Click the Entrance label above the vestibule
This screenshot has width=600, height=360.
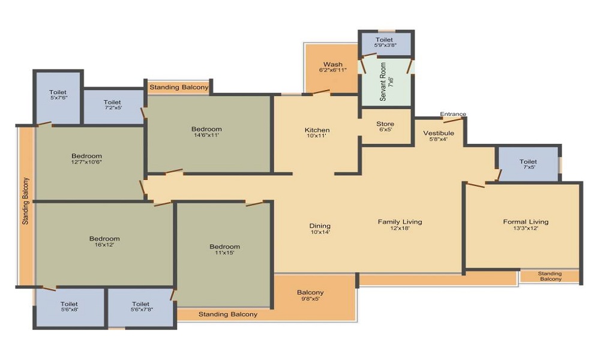tap(453, 114)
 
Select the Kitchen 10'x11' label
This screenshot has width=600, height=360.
tap(317, 133)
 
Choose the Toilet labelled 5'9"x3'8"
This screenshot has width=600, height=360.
tap(385, 42)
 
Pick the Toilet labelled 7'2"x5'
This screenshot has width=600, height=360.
tap(112, 104)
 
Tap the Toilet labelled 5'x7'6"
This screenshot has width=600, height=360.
tap(58, 94)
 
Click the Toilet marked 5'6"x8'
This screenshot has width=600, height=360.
tap(69, 307)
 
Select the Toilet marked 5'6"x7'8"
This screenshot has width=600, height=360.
tap(141, 307)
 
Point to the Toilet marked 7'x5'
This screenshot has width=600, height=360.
tap(529, 164)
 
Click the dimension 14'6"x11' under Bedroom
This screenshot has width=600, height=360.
tap(206, 135)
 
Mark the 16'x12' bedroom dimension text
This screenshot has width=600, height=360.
tap(104, 245)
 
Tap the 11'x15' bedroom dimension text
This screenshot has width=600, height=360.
tap(224, 253)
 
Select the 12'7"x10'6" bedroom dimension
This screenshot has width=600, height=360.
tap(86, 162)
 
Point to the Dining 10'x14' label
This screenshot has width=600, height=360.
tap(320, 229)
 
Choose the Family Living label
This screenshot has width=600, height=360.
tap(400, 221)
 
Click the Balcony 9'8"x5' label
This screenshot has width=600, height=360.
tap(310, 295)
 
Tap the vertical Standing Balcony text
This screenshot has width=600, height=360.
tap(25, 201)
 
